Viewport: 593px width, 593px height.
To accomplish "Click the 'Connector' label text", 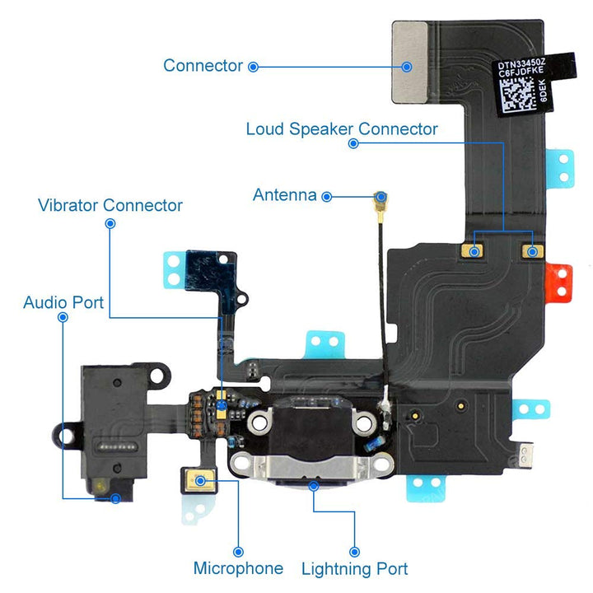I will point(203,65).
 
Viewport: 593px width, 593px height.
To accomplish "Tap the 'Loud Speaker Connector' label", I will point(342,129).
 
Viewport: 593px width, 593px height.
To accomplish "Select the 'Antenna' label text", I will point(284,195).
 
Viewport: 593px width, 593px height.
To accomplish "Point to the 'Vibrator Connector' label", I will point(110,204).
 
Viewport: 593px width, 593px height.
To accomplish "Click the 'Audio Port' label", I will point(63,302).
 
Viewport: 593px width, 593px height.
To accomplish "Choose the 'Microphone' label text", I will point(238,568).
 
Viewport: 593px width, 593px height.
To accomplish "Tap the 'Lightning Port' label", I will point(354,568).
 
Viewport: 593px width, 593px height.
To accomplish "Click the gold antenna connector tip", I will point(381,198).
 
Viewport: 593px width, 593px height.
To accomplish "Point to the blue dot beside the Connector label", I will point(254,66).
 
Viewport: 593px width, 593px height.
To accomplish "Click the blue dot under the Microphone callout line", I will point(238,551).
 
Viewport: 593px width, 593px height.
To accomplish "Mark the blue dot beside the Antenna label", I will point(327,196).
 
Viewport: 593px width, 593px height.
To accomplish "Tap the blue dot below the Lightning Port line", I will point(355,551).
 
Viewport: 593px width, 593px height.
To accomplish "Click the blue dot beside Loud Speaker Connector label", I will point(353,143).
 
